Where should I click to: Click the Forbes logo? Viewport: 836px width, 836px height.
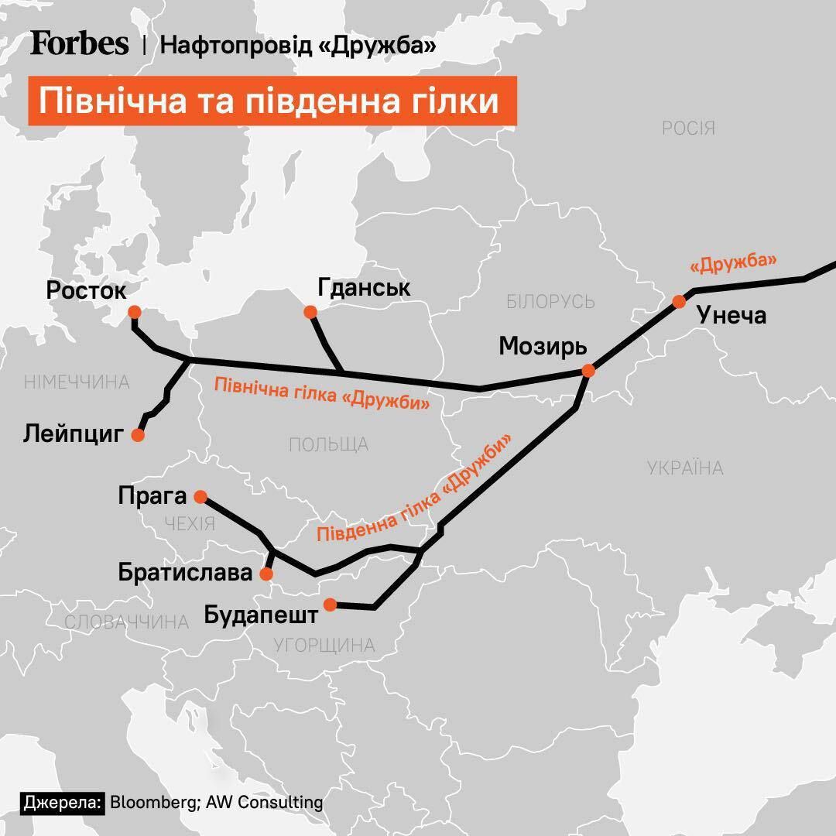click(79, 44)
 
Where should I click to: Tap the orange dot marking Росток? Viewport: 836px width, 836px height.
click(134, 312)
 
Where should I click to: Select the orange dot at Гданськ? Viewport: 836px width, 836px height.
click(310, 312)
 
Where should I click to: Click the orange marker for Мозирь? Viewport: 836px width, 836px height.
click(588, 371)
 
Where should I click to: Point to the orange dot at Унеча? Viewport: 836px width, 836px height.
click(679, 302)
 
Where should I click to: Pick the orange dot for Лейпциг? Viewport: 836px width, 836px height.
click(138, 435)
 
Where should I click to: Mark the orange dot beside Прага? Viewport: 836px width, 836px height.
click(200, 496)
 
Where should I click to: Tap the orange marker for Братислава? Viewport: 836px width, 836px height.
click(267, 574)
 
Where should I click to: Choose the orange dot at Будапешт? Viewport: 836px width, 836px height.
click(330, 605)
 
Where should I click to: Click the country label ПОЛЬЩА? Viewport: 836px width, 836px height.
click(328, 444)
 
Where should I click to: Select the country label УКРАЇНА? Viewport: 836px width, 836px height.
click(684, 468)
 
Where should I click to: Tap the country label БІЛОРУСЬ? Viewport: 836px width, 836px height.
click(550, 302)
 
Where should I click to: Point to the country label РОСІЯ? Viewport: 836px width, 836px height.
click(688, 128)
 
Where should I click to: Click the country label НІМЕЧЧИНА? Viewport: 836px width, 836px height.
click(76, 382)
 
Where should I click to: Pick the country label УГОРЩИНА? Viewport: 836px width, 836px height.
click(324, 645)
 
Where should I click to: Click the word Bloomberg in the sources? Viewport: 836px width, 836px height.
click(152, 802)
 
